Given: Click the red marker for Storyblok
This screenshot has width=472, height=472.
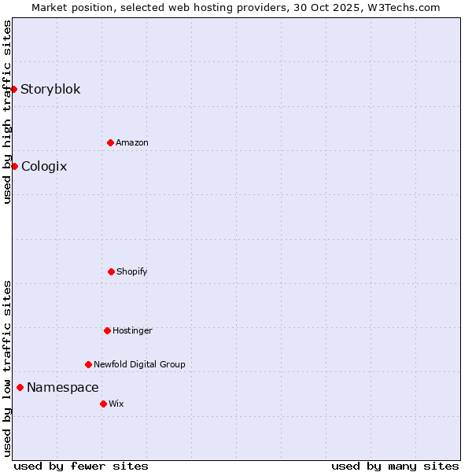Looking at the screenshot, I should click(14, 89).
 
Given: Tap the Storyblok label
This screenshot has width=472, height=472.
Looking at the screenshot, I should click(50, 89).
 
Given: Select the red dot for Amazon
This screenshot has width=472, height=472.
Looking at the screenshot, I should click(110, 142).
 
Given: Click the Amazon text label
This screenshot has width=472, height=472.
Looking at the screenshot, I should click(132, 142).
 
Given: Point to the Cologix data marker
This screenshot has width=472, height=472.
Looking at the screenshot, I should click(14, 166).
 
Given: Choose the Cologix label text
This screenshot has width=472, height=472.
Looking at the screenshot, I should click(44, 166).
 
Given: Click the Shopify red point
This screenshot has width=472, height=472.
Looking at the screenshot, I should click(111, 271).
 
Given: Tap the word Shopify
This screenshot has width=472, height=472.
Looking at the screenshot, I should click(132, 271).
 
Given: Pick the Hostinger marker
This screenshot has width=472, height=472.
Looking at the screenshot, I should click(107, 330).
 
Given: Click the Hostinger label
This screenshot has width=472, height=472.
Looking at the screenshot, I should click(132, 330).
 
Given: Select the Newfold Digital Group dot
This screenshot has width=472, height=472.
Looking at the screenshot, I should click(88, 364).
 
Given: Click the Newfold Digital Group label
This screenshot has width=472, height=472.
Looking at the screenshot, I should click(139, 364).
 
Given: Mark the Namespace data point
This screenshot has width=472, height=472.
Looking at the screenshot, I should click(20, 387).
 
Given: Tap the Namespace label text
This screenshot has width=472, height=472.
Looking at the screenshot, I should click(63, 387).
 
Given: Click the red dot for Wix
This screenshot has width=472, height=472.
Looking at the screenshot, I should click(103, 404).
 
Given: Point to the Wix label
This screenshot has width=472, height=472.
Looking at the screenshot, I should click(116, 404).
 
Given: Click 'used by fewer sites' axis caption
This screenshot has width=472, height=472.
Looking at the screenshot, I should click(81, 466).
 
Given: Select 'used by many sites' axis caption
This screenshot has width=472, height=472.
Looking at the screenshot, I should click(395, 466).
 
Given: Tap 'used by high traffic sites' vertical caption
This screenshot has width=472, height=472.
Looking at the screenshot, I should click(7, 112).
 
